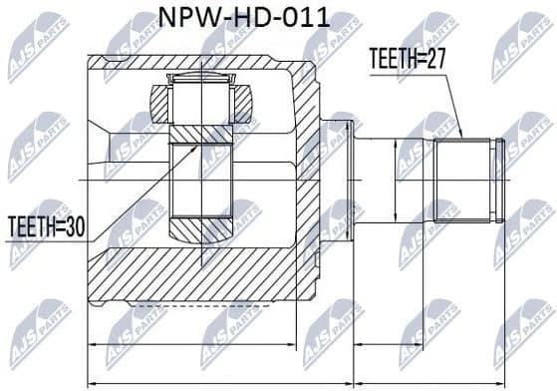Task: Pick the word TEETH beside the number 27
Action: click(x=393, y=57)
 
